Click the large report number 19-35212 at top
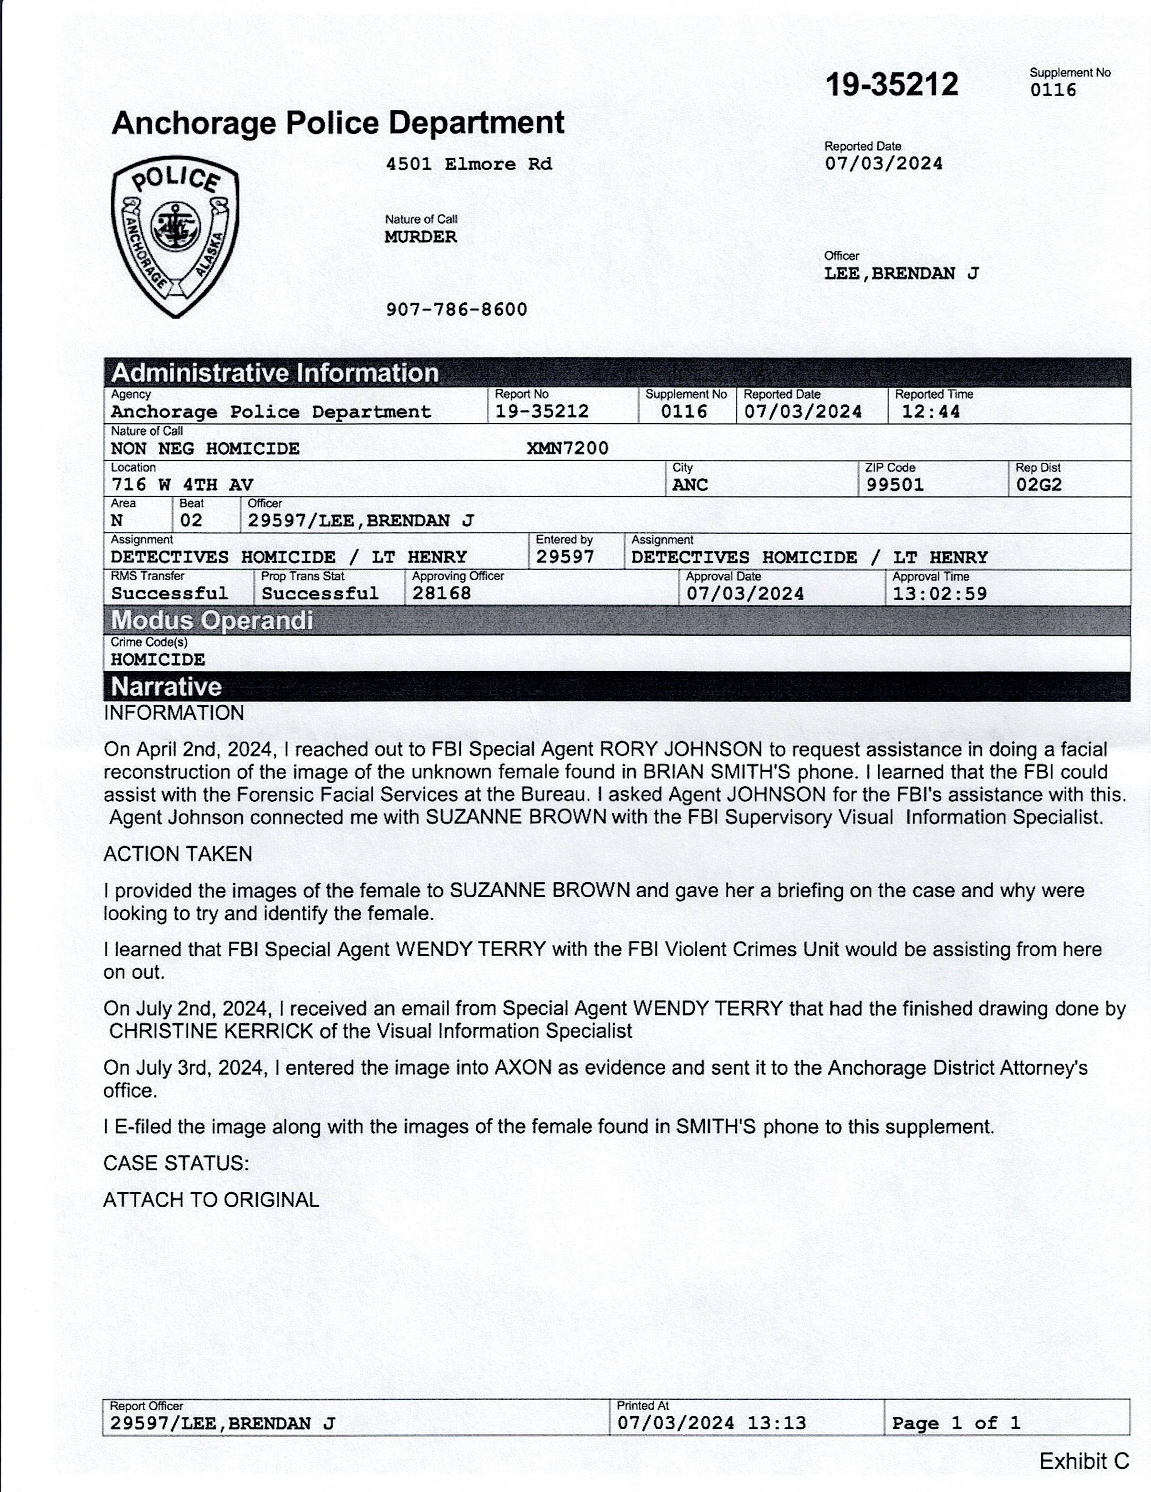tap(891, 85)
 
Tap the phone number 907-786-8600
tap(457, 309)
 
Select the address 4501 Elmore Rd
tap(469, 164)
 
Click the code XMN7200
tap(567, 448)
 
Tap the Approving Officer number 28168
tap(442, 593)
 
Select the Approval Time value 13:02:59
tap(940, 593)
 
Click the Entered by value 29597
tap(565, 557)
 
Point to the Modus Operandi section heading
tap(212, 620)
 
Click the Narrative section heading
tap(166, 686)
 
